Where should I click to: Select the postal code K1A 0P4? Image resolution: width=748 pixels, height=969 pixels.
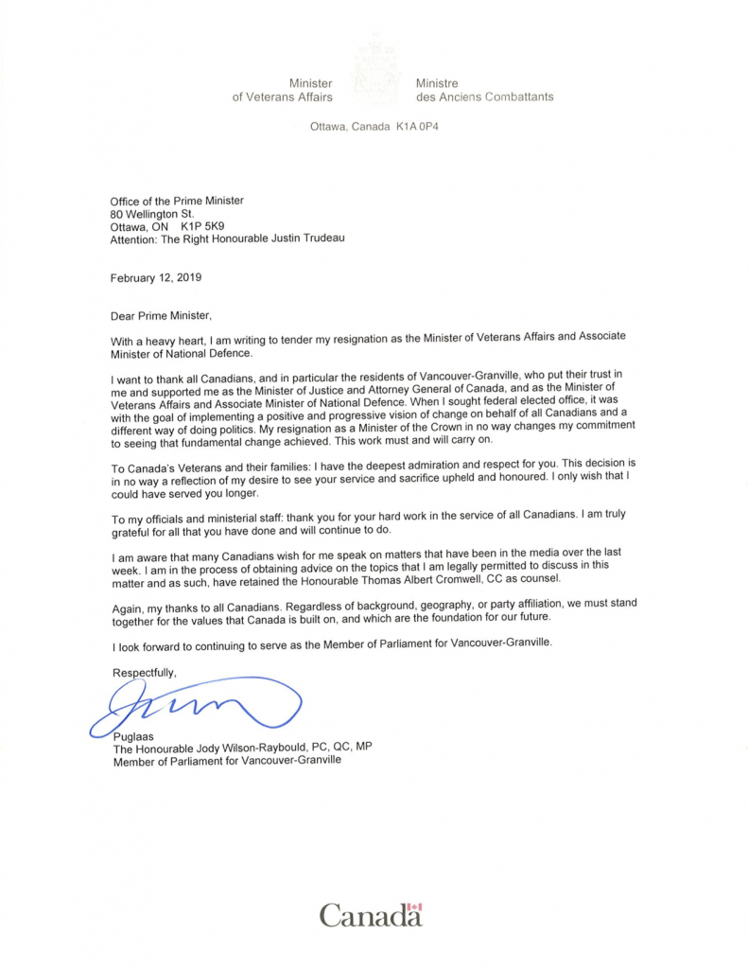415,126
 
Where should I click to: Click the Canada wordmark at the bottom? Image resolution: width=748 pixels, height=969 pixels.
370,916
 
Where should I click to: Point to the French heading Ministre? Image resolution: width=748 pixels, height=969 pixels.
437,83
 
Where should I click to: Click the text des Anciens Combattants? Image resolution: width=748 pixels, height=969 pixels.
484,97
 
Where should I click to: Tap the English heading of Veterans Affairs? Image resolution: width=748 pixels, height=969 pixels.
282,97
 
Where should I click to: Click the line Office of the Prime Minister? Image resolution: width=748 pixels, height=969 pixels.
177,200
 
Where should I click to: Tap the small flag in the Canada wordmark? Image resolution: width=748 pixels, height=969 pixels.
415,907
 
